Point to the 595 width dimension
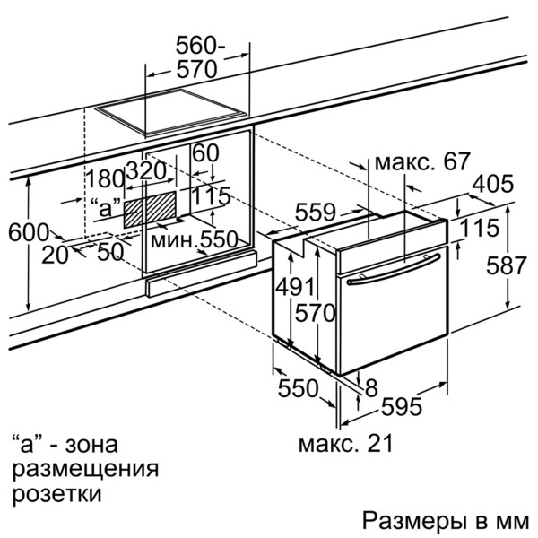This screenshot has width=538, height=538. pos(400,407)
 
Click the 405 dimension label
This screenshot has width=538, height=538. pos(492,185)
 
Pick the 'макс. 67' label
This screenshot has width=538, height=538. pos(421,162)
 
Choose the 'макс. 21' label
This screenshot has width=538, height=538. pos(344,443)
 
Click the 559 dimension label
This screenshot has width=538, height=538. pos(315,213)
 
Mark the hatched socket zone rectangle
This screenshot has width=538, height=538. pos(150,207)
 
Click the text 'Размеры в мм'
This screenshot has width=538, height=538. pos(446,521)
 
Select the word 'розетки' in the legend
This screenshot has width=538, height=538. pos(56,493)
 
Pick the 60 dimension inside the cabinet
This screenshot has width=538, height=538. pos(205,153)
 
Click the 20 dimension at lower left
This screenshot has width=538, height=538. pos(55,255)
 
